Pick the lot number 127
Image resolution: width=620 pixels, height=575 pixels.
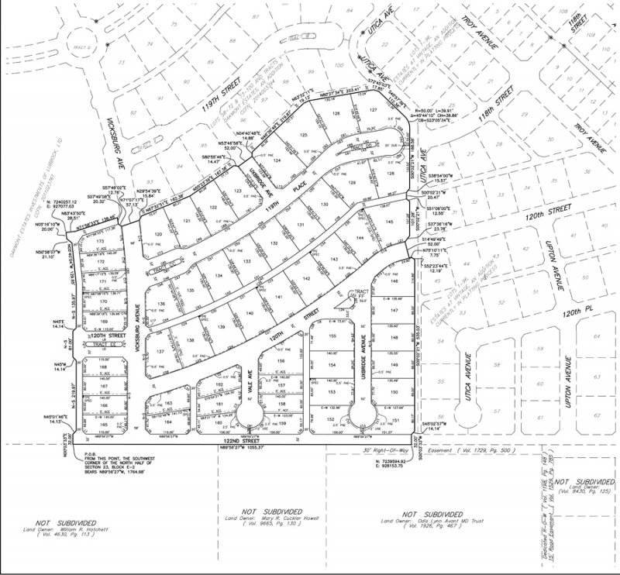coord(373,111)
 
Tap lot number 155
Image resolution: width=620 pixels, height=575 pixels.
coord(332,336)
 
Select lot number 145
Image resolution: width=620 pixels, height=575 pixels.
coord(389,222)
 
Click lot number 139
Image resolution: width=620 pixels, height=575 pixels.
coord(222,328)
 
